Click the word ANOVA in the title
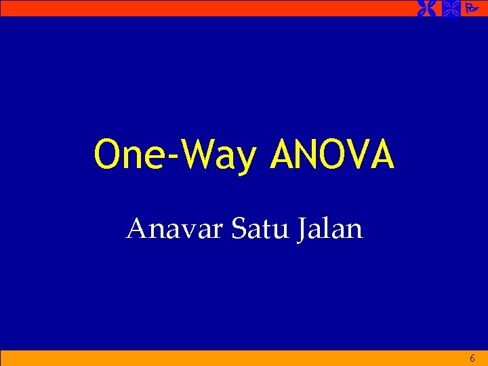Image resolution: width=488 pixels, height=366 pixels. (x=332, y=155)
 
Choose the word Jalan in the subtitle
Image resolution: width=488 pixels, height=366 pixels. (x=329, y=229)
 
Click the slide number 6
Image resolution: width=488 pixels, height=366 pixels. (x=472, y=358)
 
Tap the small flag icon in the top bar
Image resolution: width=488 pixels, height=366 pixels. (x=472, y=8)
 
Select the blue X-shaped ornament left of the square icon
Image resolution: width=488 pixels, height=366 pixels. (x=426, y=8)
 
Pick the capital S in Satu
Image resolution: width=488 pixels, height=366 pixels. (x=238, y=229)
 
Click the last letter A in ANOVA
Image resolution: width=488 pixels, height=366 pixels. (x=381, y=155)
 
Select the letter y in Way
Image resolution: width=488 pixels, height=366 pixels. (x=247, y=160)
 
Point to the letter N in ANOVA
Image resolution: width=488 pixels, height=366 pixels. (x=303, y=155)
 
